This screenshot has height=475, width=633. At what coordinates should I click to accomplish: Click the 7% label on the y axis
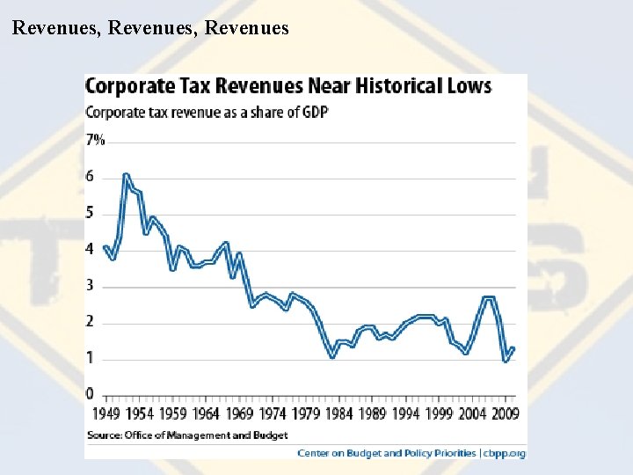coord(95,140)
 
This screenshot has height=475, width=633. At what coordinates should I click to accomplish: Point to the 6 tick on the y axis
coord(90,177)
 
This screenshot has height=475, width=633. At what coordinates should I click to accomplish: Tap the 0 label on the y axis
coord(90,393)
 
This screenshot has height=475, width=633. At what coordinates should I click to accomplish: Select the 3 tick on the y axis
coord(90,286)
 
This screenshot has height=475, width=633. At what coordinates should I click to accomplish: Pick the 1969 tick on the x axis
coord(239,413)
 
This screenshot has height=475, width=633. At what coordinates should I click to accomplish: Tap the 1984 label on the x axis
coord(338,413)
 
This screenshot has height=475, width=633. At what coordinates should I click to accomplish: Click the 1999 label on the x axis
coord(440,413)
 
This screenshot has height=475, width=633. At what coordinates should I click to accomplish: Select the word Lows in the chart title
coord(469,86)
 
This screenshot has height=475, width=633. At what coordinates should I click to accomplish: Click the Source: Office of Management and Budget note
coord(186,435)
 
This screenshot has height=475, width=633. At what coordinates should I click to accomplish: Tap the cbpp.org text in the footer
coord(505,453)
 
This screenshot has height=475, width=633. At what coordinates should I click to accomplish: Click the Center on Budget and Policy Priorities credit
coord(387,453)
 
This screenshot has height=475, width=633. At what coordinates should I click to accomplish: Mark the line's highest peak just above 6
coord(127,174)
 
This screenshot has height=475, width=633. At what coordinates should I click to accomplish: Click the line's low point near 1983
coord(332,357)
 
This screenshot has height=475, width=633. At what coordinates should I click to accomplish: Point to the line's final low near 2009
coord(506,361)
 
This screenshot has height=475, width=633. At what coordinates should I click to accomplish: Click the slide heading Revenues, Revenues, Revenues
coord(150,28)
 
